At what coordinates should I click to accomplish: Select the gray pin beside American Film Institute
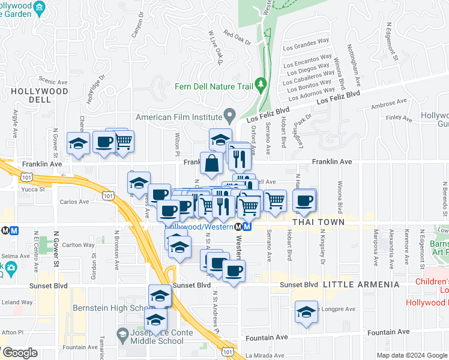pyautogui.click(x=229, y=114)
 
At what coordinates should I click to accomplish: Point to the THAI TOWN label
pyautogui.click(x=318, y=222)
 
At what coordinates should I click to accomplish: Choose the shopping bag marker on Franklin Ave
pyautogui.click(x=212, y=162)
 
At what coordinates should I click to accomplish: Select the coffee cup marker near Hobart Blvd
pyautogui.click(x=304, y=200)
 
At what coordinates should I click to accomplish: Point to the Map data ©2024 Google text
pyautogui.click(x=411, y=355)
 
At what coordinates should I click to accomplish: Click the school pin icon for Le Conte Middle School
pyautogui.click(x=122, y=334)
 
